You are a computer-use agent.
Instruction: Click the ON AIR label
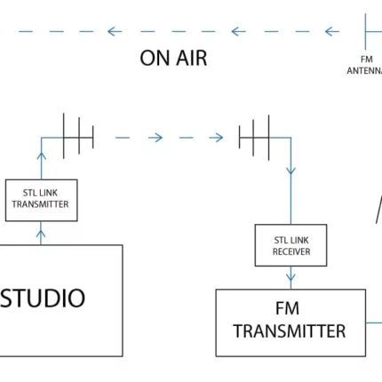point(173,58)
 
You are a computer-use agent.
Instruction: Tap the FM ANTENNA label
point(365,65)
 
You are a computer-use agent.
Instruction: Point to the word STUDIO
point(43,298)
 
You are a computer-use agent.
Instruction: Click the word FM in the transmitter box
point(287,308)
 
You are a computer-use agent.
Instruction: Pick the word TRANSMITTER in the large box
point(290,331)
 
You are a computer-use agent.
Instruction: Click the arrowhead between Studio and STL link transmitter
point(41,235)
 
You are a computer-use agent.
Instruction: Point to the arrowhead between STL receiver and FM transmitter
point(290,277)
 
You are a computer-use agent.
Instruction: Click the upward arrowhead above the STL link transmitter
point(42,156)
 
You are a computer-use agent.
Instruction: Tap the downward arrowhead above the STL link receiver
point(290,171)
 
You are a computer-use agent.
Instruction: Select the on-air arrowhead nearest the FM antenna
point(332,31)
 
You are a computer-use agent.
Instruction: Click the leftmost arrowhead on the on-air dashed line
point(115,31)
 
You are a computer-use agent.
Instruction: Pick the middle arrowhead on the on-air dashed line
point(238,31)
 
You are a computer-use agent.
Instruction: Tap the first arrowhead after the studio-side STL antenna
point(155,138)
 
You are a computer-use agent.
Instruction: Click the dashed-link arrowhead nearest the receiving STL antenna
point(216,138)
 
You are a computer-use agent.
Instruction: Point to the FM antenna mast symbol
point(365,31)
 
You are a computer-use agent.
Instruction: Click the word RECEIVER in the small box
point(291,251)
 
